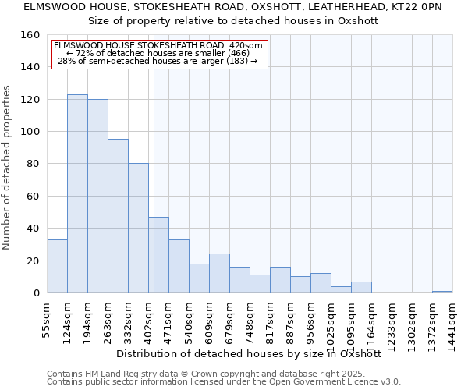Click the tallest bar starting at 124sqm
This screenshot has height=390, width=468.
[x=77, y=193]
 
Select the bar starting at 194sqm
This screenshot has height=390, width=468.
[x=97, y=196]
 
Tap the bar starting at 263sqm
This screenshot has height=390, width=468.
[x=118, y=216]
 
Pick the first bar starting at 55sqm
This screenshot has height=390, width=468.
[x=57, y=266]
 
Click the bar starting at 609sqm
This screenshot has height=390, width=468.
[x=219, y=273]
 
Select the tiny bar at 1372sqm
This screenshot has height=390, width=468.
[x=442, y=292]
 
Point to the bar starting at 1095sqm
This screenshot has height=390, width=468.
[x=361, y=287]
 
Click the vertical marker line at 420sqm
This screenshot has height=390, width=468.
[x=154, y=156]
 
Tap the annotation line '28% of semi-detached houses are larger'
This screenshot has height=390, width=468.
[x=158, y=61]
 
